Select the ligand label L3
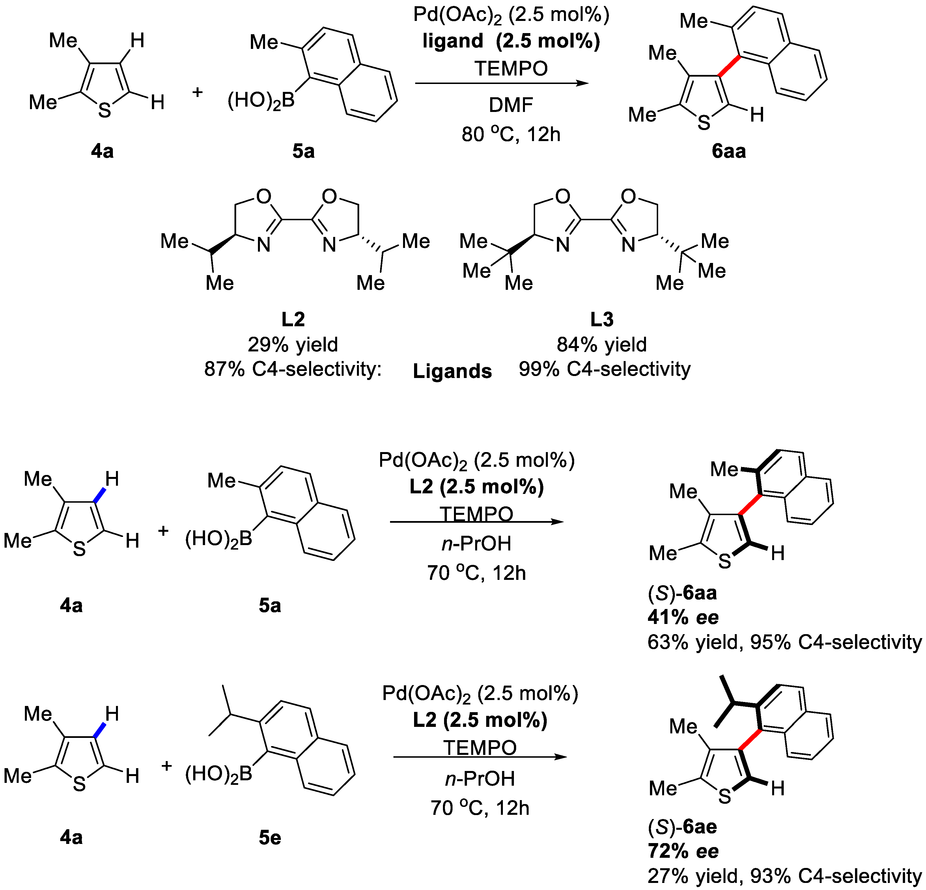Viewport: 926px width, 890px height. [602, 320]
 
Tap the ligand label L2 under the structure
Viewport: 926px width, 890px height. [293, 320]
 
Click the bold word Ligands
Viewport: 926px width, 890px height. [452, 371]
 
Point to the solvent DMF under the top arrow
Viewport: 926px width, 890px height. [511, 105]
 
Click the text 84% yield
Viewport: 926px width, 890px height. [601, 345]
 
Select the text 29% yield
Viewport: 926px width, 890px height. [293, 345]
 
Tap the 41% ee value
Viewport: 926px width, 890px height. [683, 617]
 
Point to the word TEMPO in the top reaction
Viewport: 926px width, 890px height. [511, 69]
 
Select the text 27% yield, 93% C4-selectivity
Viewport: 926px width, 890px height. [784, 876]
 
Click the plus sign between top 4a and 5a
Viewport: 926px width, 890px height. [197, 92]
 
